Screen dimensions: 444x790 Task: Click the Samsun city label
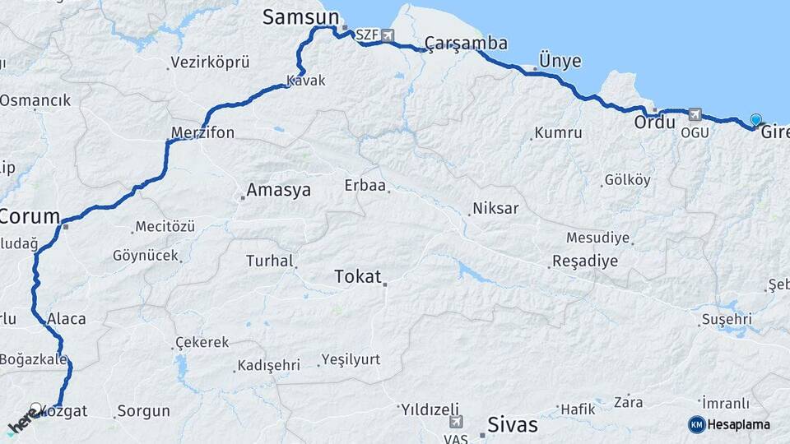pyautogui.click(x=300, y=17)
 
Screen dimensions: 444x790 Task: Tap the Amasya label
pyautogui.click(x=279, y=190)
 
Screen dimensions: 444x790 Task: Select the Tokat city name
pyautogui.click(x=358, y=276)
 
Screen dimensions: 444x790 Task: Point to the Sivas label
pyautogui.click(x=513, y=424)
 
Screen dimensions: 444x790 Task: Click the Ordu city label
pyautogui.click(x=654, y=122)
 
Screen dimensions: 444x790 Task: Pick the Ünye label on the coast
pyautogui.click(x=560, y=61)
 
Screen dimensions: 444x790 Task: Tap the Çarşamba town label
pyautogui.click(x=466, y=43)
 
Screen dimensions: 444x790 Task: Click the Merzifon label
pyautogui.click(x=202, y=132)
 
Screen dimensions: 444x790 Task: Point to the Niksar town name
pyautogui.click(x=496, y=208)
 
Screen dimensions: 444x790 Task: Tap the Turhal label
pyautogui.click(x=269, y=261)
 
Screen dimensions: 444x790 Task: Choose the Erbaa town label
pyautogui.click(x=365, y=185)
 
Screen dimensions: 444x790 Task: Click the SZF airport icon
pyautogui.click(x=387, y=35)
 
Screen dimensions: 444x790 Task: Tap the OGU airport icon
pyautogui.click(x=695, y=114)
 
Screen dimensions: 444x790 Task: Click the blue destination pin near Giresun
pyautogui.click(x=756, y=120)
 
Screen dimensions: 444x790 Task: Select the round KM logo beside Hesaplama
pyautogui.click(x=697, y=424)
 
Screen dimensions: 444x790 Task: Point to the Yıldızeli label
pyautogui.click(x=429, y=408)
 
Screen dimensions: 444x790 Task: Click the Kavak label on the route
pyautogui.click(x=306, y=81)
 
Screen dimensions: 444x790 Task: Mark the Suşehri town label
pyautogui.click(x=727, y=318)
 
